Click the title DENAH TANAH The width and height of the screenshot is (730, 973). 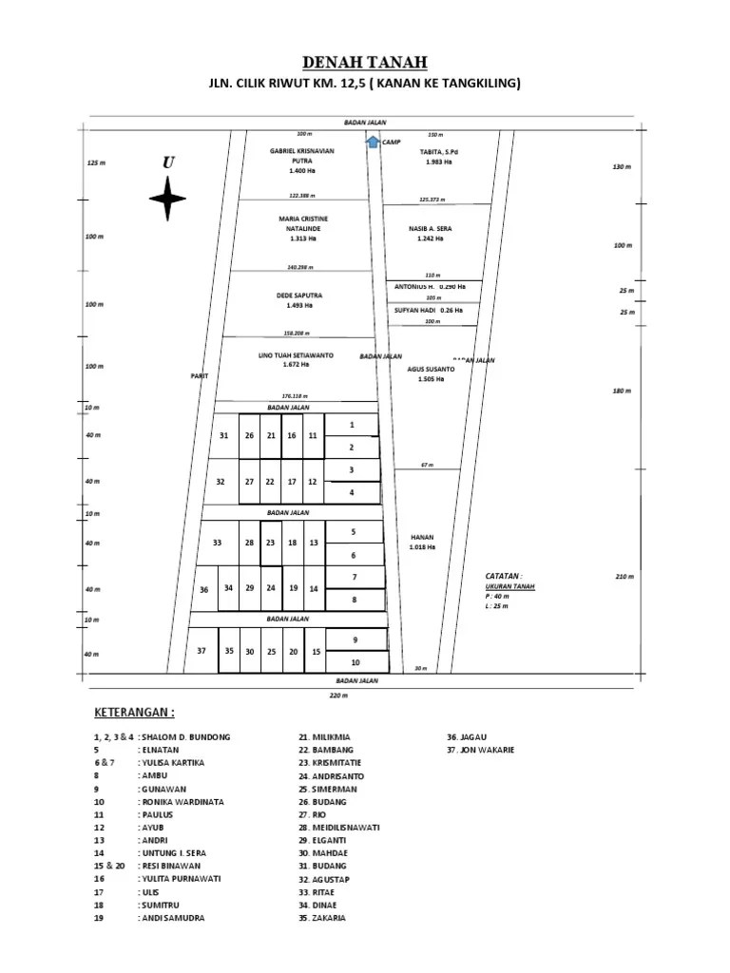pyautogui.click(x=365, y=63)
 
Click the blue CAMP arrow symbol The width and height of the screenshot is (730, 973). pyautogui.click(x=372, y=141)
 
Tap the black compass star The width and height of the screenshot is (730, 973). pyautogui.click(x=167, y=198)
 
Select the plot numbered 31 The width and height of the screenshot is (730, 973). pyautogui.click(x=224, y=435)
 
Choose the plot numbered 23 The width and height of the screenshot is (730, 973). pyautogui.click(x=270, y=543)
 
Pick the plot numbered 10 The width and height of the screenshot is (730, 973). pyautogui.click(x=355, y=662)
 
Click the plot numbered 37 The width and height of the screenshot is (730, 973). pyautogui.click(x=201, y=651)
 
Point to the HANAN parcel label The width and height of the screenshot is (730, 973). pyautogui.click(x=422, y=537)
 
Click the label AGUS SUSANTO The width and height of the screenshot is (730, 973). pyautogui.click(x=430, y=369)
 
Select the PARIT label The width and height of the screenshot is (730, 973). pyautogui.click(x=198, y=376)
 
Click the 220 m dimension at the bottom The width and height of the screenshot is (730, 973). pyautogui.click(x=339, y=696)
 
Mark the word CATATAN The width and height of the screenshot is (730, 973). pyautogui.click(x=503, y=576)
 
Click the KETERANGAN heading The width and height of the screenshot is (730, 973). pyautogui.click(x=134, y=713)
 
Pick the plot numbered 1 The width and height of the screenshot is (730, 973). pyautogui.click(x=352, y=425)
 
